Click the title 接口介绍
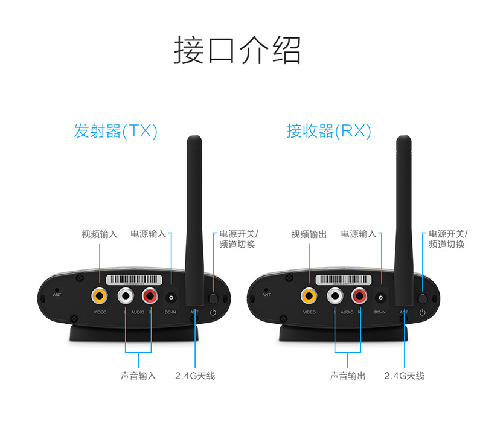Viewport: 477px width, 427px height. [237, 50]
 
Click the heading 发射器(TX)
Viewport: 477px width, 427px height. [115, 131]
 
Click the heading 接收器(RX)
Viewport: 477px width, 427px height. [328, 131]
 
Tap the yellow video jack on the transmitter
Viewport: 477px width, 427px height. [100, 296]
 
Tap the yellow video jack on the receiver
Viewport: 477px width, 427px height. [309, 296]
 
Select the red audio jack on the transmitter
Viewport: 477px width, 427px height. [150, 296]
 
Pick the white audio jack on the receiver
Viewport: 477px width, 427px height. [335, 296]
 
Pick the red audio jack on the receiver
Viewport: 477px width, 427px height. [360, 296]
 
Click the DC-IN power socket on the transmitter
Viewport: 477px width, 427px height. [172, 298]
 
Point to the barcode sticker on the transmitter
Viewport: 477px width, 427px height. [135, 280]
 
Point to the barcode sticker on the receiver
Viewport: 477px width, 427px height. [344, 280]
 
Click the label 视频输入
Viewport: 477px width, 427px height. [100, 234]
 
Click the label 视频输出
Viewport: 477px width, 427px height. [309, 234]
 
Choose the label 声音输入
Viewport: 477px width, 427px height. [138, 376]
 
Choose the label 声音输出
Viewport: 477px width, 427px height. [347, 376]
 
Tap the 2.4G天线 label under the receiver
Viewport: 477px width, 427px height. [404, 376]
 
